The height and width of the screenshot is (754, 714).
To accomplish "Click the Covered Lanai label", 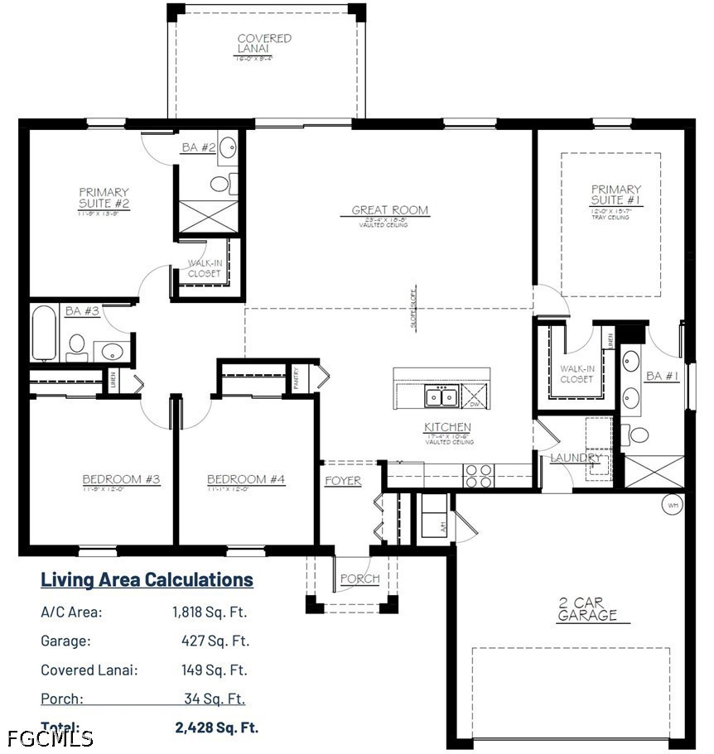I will [x=264, y=43].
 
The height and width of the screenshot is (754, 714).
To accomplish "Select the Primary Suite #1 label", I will [x=615, y=195].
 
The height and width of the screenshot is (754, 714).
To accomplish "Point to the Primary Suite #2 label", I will [x=104, y=198].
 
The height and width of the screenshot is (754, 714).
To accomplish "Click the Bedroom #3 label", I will [x=121, y=479].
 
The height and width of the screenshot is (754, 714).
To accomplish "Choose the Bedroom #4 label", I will [x=246, y=479].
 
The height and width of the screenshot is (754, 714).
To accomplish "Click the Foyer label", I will [x=343, y=481].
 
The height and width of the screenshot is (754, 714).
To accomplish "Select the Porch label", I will [x=359, y=579].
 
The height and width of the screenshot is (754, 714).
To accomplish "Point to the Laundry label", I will [x=577, y=458].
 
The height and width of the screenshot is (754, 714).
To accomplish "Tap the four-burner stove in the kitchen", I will [x=478, y=475].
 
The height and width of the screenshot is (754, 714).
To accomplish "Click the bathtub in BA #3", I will [x=46, y=334].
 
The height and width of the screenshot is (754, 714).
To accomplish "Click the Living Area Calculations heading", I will [x=147, y=579].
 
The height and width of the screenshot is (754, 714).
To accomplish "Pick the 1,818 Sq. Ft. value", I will [x=210, y=612].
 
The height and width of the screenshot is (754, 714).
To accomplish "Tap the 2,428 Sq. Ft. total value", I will [x=217, y=728].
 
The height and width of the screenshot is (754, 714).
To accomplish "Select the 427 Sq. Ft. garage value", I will [x=215, y=641].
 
